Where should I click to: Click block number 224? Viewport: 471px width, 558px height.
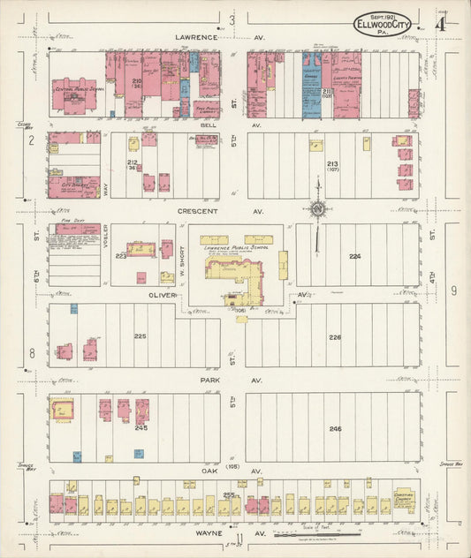point(354,256)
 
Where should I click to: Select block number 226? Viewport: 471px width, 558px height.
point(334,337)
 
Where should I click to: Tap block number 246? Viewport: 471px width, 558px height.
point(334,428)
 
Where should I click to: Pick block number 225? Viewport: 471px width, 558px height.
point(140,336)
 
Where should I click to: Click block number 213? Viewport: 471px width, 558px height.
point(332,164)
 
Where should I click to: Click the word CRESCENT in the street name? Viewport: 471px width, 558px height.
point(197,212)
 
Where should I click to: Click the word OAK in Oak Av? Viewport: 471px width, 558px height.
point(196,471)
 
